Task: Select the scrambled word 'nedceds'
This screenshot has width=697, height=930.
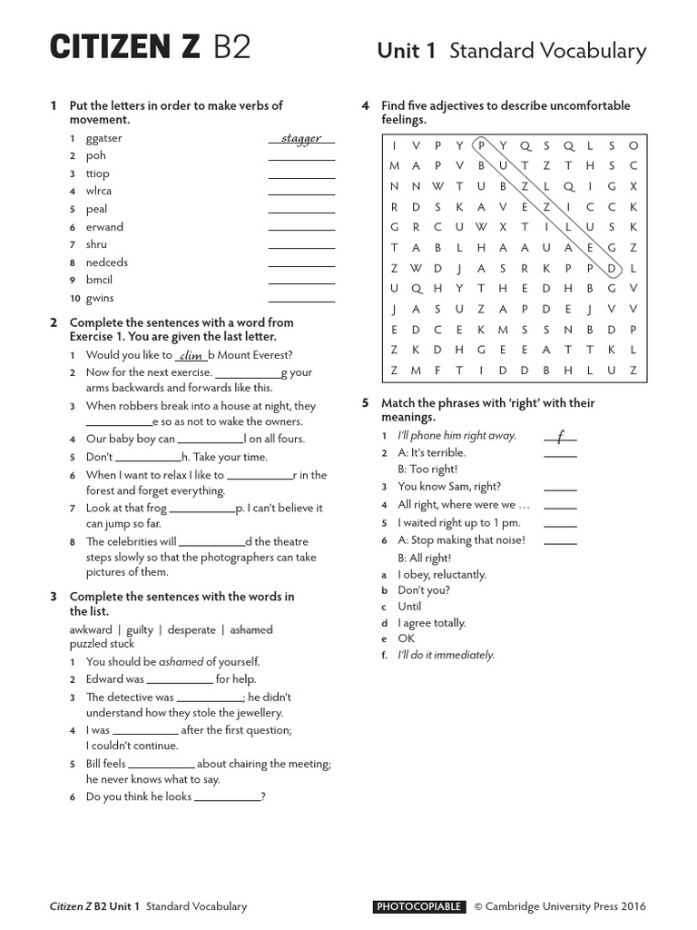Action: click(x=106, y=262)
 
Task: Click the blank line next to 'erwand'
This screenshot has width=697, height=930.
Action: click(x=301, y=231)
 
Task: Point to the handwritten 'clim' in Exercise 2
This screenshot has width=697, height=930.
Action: click(x=191, y=356)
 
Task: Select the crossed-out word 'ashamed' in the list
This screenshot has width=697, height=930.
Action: click(x=251, y=629)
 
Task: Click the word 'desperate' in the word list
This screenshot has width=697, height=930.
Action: click(x=193, y=629)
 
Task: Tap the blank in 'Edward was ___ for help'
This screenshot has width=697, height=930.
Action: click(x=179, y=681)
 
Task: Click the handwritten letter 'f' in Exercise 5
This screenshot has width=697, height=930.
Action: click(x=561, y=437)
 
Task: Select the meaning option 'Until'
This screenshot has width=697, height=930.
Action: click(x=409, y=606)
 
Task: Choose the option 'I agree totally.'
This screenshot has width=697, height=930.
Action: click(x=432, y=622)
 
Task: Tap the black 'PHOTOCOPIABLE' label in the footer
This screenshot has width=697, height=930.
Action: click(x=419, y=906)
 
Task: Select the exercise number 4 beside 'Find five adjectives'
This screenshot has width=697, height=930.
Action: click(x=364, y=105)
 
